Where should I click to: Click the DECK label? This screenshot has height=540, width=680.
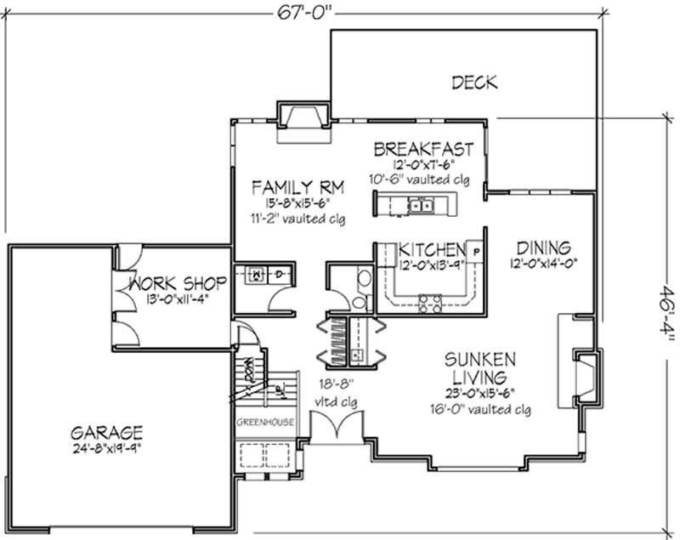pyautogui.click(x=474, y=82)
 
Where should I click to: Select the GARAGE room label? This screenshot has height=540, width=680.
pyautogui.click(x=106, y=431)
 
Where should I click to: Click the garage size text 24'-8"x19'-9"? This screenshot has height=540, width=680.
pyautogui.click(x=106, y=446)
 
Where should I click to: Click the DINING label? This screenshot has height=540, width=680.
pyautogui.click(x=541, y=247)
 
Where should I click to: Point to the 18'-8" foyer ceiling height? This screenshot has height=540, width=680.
pyautogui.click(x=337, y=384)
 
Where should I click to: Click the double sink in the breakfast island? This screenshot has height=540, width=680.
pyautogui.click(x=421, y=205)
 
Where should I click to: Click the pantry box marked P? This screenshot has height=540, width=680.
pyautogui.click(x=475, y=252)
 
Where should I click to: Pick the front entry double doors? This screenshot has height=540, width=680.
pyautogui.click(x=337, y=425)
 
